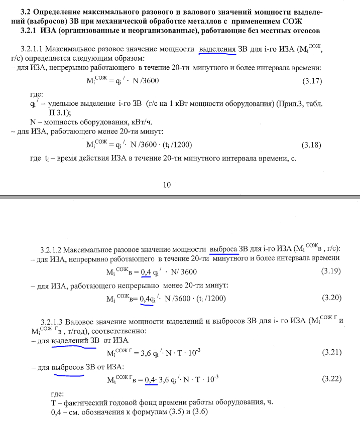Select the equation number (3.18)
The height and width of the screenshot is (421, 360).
311,145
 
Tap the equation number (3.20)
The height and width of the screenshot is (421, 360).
331,298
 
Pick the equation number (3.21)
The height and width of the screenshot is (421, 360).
331,353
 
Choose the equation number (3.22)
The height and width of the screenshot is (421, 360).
331,379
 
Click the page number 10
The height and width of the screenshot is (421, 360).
168,184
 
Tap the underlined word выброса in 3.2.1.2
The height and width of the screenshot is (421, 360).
224,248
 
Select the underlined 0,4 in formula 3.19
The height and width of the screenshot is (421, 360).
146,272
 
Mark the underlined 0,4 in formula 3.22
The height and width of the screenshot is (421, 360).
150,380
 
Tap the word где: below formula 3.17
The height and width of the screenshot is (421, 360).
37,94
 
